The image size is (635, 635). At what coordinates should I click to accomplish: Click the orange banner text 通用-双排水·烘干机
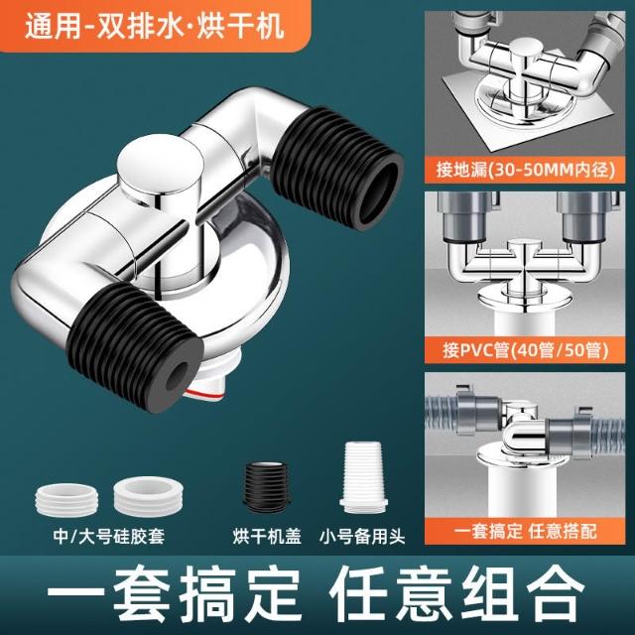(155, 27)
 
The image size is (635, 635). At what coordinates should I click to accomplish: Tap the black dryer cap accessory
(266, 487)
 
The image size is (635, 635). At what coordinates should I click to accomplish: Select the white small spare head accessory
(363, 477)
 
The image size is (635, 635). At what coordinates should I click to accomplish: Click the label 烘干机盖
(267, 537)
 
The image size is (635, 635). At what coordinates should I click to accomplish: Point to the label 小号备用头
(362, 537)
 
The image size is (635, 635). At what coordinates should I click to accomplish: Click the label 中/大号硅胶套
(108, 537)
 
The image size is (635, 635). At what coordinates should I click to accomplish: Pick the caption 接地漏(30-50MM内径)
(525, 169)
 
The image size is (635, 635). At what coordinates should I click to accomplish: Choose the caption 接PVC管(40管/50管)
(525, 350)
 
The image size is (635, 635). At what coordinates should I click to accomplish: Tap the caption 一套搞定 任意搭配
(525, 531)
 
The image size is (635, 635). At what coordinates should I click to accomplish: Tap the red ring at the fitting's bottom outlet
(203, 394)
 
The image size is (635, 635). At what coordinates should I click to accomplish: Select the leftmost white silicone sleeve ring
(66, 500)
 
